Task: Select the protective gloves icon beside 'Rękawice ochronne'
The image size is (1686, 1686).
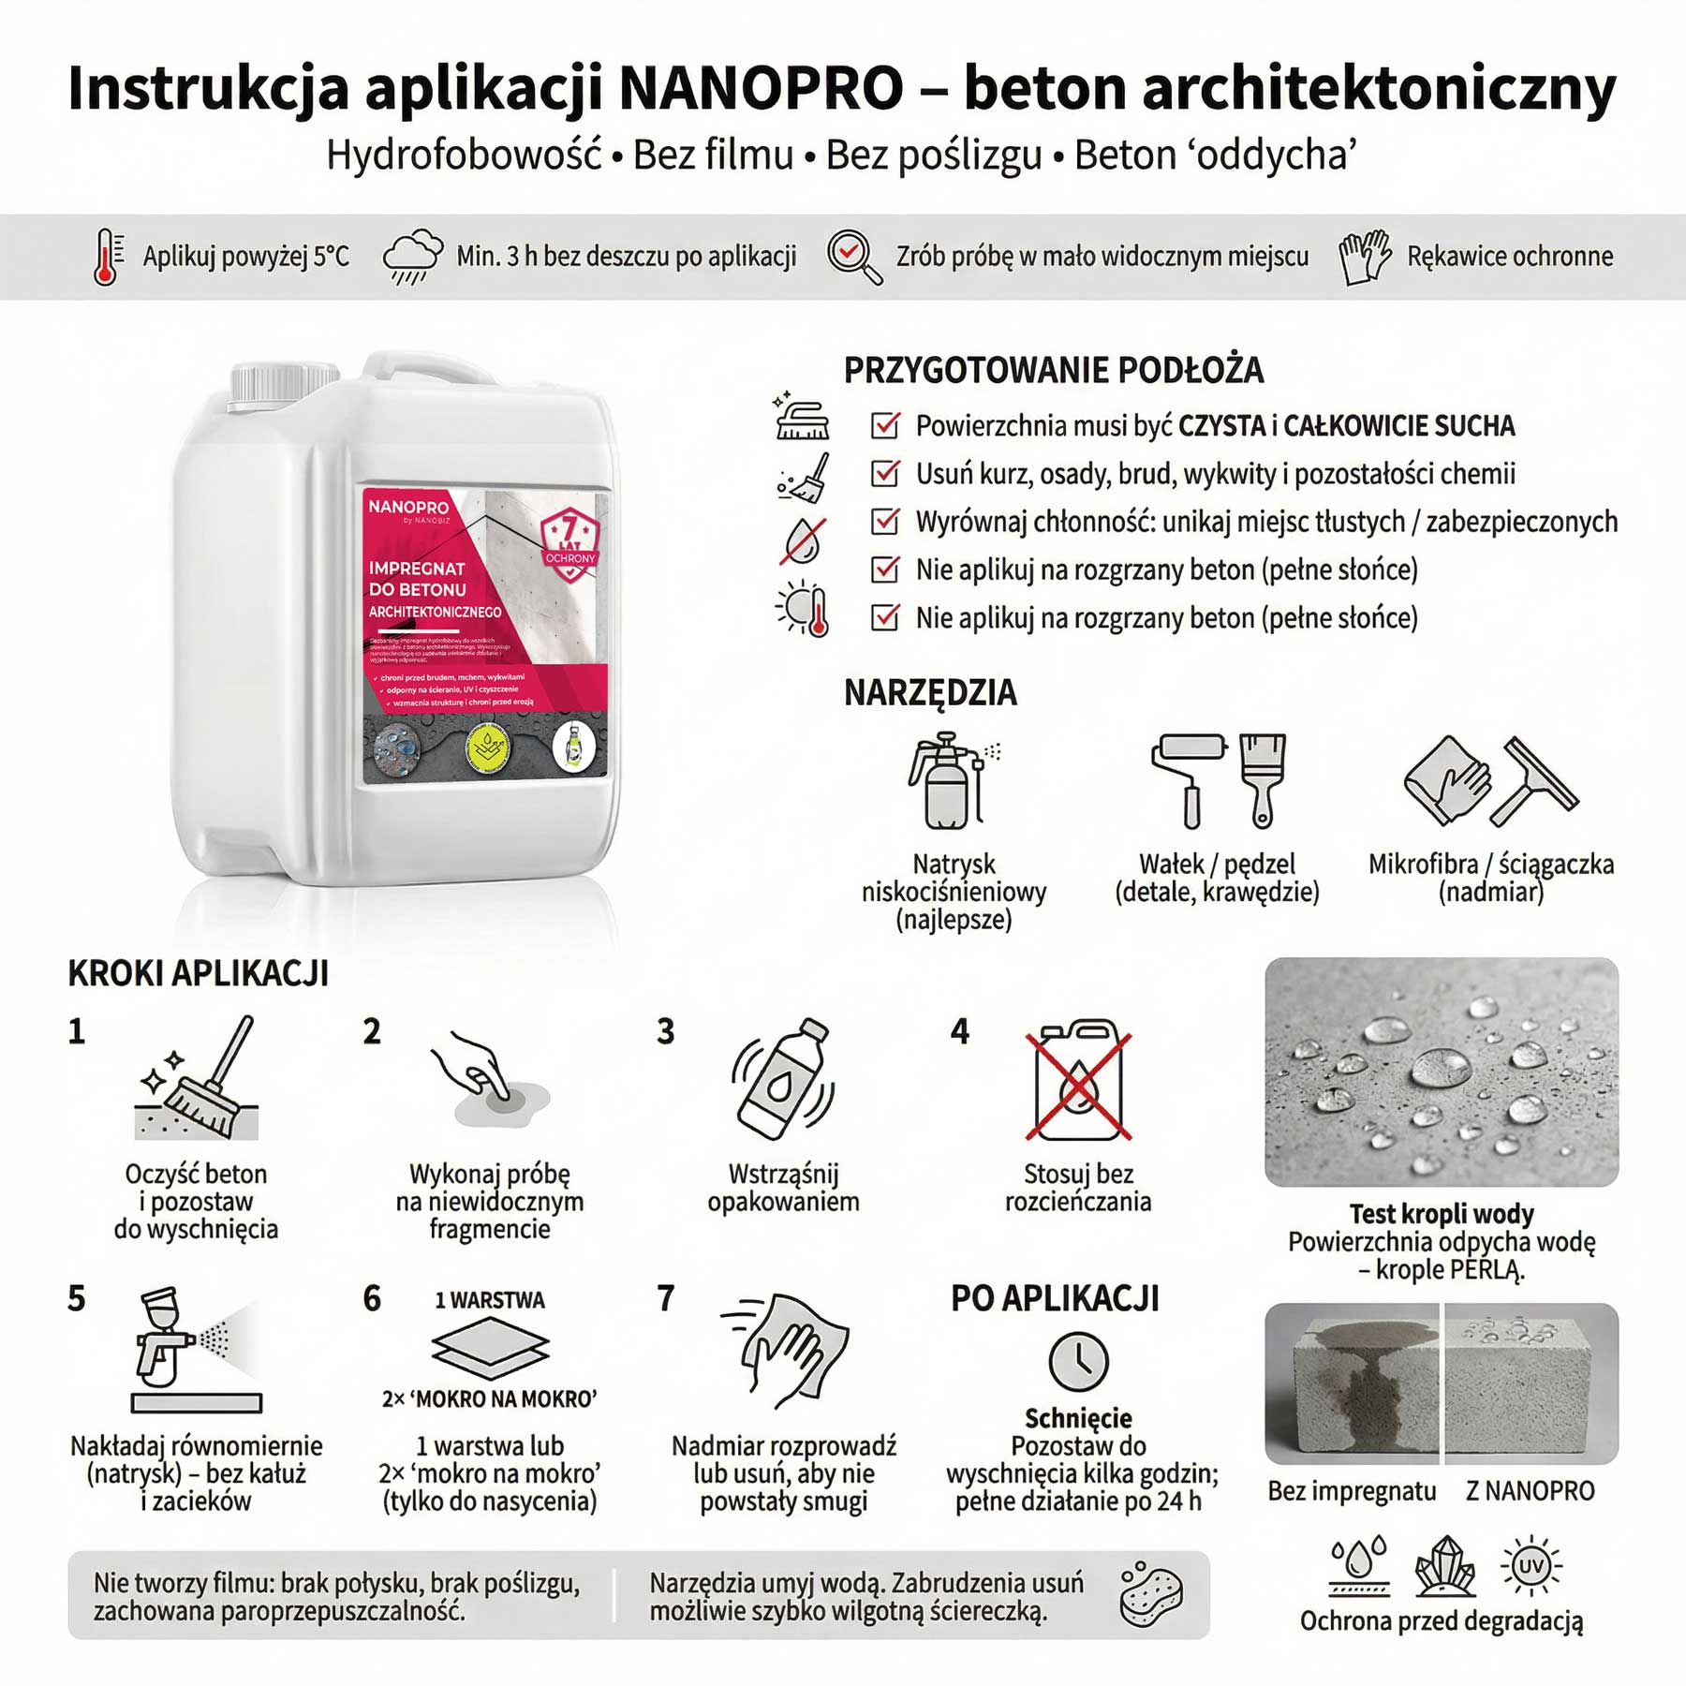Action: point(1364,257)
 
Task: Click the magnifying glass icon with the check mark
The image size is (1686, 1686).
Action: point(853,256)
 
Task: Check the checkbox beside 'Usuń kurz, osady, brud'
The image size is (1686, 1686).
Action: point(885,473)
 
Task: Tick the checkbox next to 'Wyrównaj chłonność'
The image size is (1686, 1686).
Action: point(885,521)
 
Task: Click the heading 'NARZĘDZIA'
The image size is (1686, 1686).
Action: point(929,693)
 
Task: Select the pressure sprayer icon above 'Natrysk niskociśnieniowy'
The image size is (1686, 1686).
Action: point(951,782)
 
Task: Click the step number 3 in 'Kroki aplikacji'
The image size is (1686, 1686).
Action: point(665,1031)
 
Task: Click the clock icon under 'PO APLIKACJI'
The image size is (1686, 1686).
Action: point(1078,1362)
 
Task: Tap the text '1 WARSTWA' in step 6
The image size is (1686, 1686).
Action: point(489,1300)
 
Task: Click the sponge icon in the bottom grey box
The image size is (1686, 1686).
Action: point(1150,1594)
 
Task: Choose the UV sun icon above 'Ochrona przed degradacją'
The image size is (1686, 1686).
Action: point(1531,1565)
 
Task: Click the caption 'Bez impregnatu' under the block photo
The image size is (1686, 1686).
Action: point(1351,1491)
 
